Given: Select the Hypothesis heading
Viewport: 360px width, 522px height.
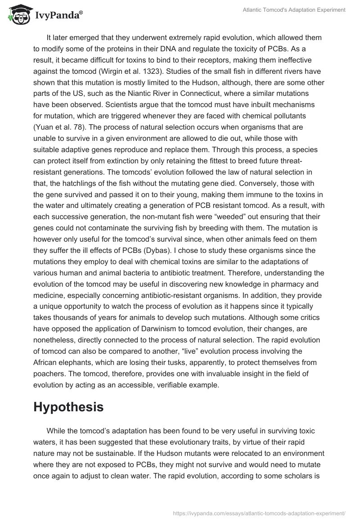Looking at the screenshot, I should [68, 407].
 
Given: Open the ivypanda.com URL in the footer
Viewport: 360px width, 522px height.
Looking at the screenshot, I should [259, 513].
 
